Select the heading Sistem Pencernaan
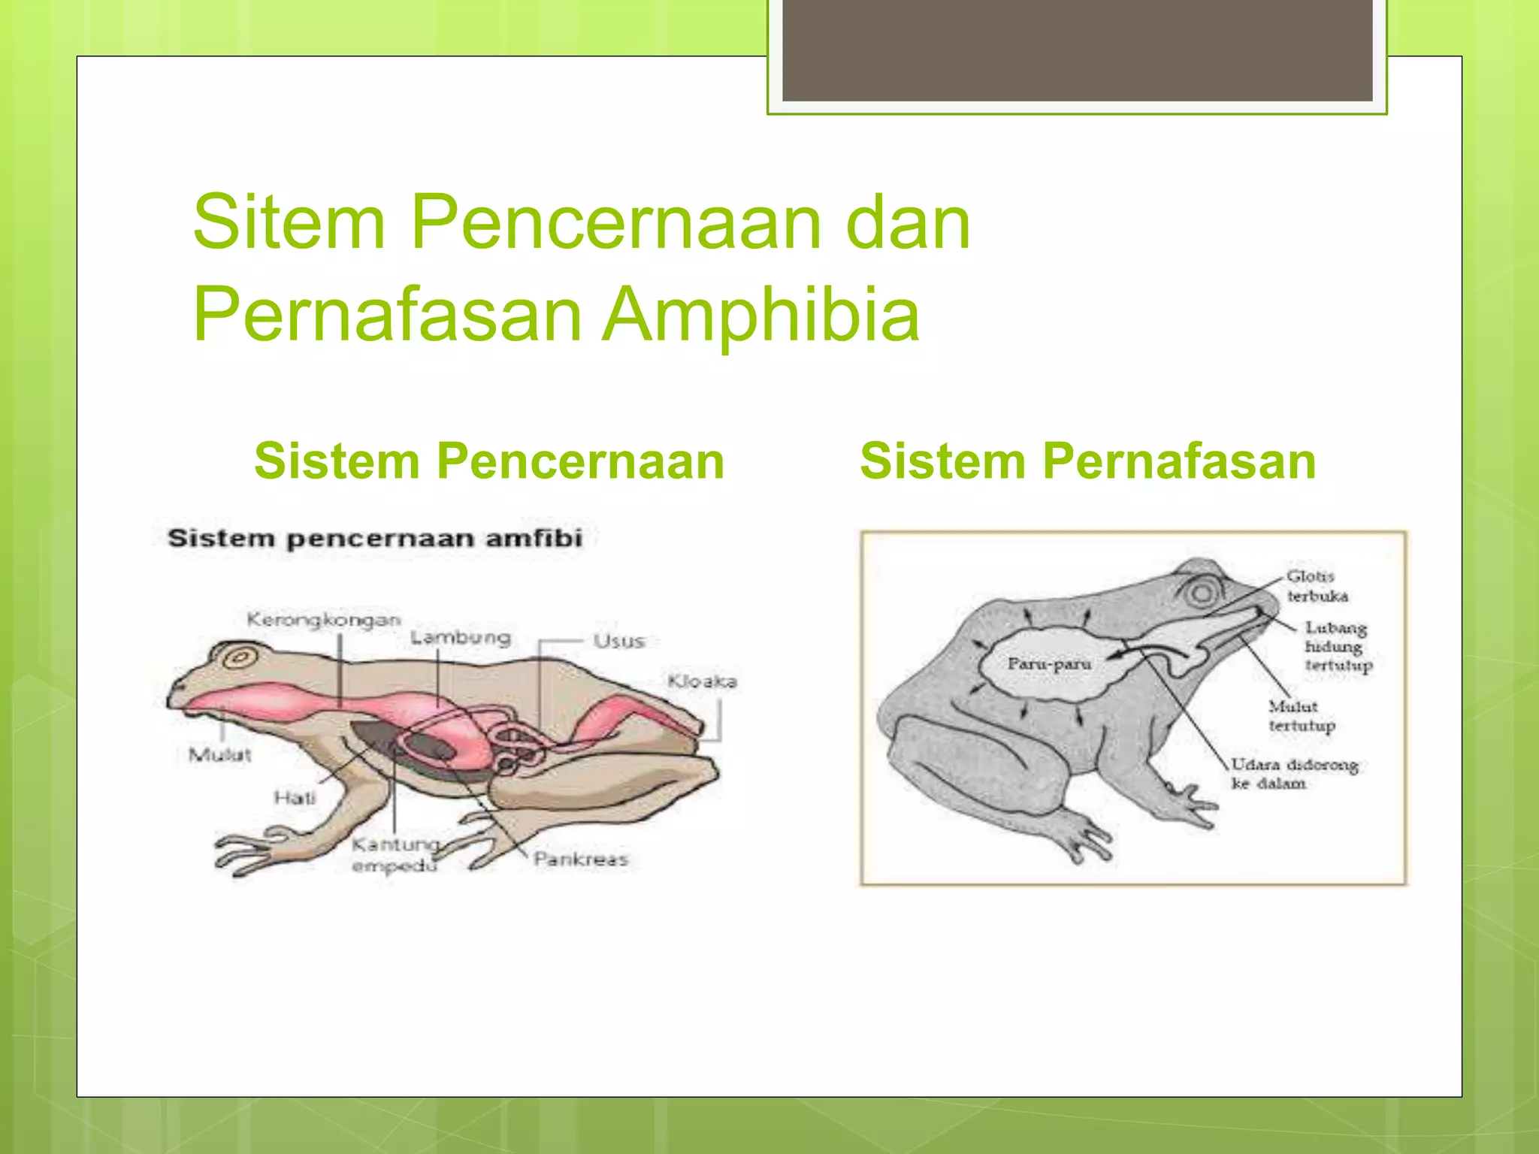pyautogui.click(x=489, y=461)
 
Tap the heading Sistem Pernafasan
pyautogui.click(x=1087, y=461)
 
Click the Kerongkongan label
pyautogui.click(x=324, y=620)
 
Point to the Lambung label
pyautogui.click(x=461, y=638)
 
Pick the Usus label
pyautogui.click(x=618, y=641)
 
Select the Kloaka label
pyautogui.click(x=702, y=681)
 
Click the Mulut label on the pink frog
pyautogui.click(x=219, y=754)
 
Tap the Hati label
pyautogui.click(x=295, y=797)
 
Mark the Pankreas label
pyautogui.click(x=580, y=859)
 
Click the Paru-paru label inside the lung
pyautogui.click(x=1049, y=664)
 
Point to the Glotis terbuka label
pyautogui.click(x=1317, y=586)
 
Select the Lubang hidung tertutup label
pyautogui.click(x=1338, y=646)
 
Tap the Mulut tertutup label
pyautogui.click(x=1302, y=716)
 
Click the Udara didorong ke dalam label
pyautogui.click(x=1294, y=774)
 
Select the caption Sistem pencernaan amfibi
pyautogui.click(x=375, y=539)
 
